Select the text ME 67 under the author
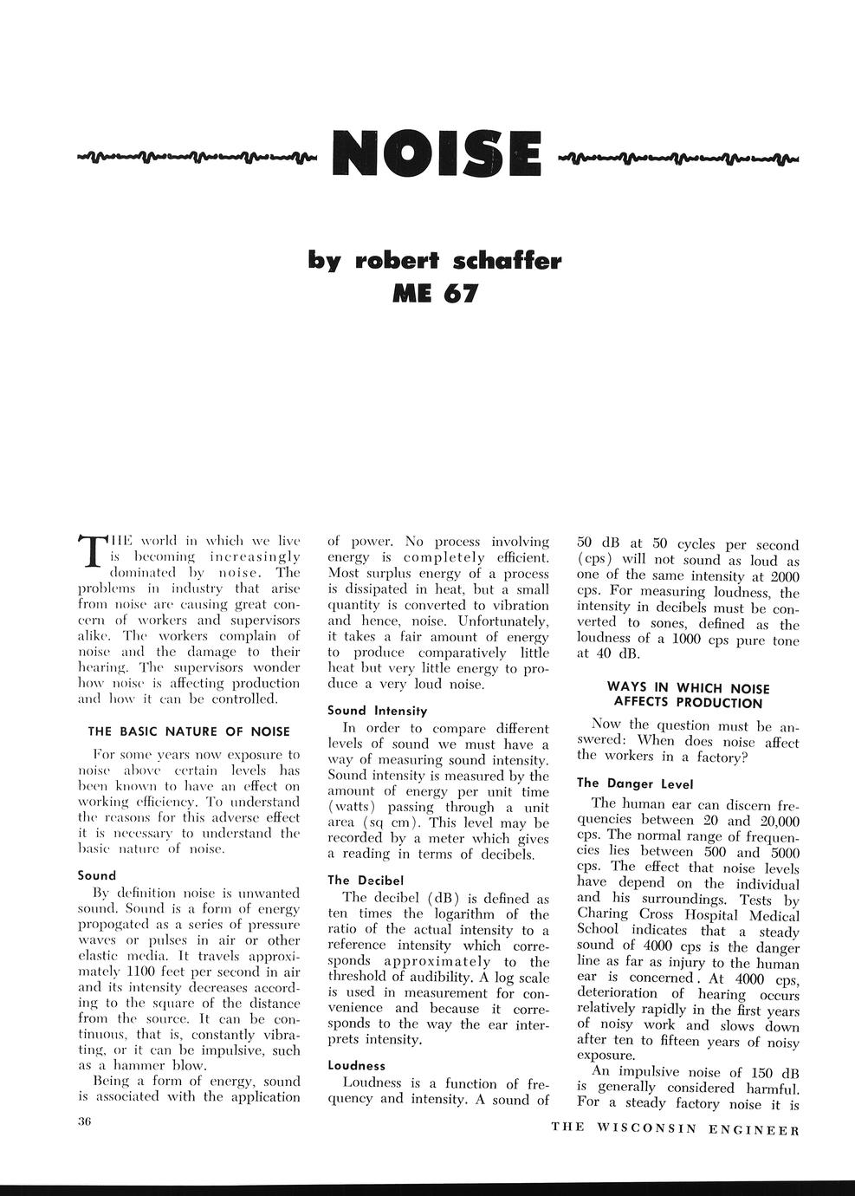[x=435, y=294]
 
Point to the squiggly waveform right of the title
[x=680, y=157]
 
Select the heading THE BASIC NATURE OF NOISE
[x=189, y=731]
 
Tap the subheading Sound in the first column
[x=97, y=875]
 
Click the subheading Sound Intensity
[x=378, y=711]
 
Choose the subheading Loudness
[x=357, y=1065]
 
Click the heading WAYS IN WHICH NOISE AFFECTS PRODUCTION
[x=689, y=695]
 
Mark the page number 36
[x=85, y=1121]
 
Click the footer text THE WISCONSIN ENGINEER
[x=675, y=1128]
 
